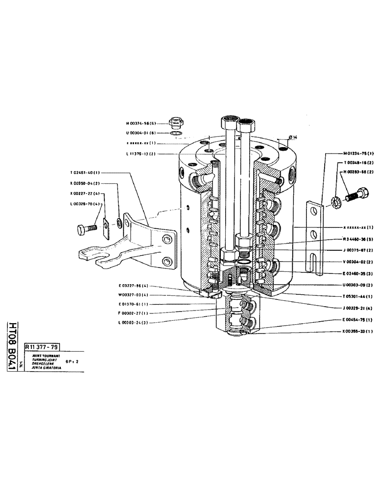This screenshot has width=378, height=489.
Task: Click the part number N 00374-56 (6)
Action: point(142,124)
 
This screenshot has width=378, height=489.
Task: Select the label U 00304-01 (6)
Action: point(142,133)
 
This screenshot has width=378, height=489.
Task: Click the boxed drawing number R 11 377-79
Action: point(42,347)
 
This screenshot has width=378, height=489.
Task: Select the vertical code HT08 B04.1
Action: point(11,345)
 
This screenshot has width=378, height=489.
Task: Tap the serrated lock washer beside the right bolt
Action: point(337,200)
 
